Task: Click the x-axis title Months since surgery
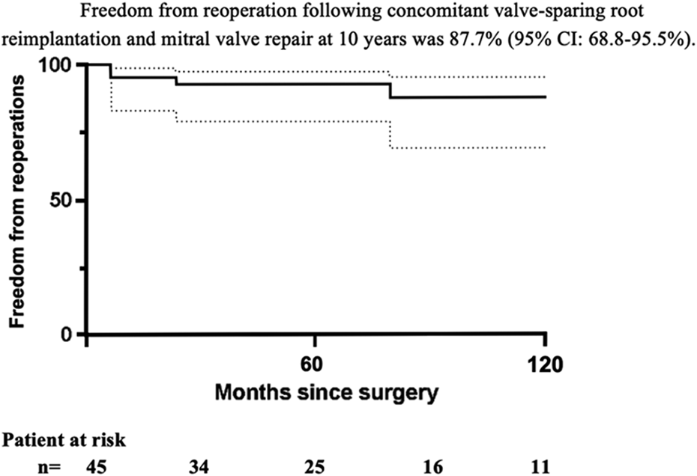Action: point(327,393)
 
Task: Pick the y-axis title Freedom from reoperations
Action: point(17,201)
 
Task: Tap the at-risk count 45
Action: point(96,467)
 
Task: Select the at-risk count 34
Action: point(198,467)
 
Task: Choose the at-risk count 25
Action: point(314,467)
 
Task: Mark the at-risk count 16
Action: point(433,467)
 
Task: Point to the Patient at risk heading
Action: point(64,440)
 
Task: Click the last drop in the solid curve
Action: point(390,90)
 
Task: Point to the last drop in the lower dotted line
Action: point(390,134)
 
